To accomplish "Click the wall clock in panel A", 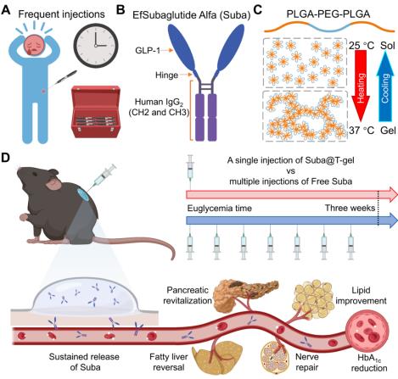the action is (96, 45).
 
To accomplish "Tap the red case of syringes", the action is (96, 112).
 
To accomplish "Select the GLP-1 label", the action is (148, 51).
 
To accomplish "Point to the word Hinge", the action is (167, 75).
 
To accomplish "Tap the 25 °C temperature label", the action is (362, 45).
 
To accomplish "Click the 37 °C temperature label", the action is (362, 131).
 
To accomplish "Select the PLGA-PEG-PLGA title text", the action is (328, 14).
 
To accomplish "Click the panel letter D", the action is (6, 159).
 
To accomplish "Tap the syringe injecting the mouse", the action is (104, 175).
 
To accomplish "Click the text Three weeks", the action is (350, 209).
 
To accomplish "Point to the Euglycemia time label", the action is (220, 209).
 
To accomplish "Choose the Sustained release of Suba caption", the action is (84, 362).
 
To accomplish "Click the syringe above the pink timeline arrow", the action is (190, 171).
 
